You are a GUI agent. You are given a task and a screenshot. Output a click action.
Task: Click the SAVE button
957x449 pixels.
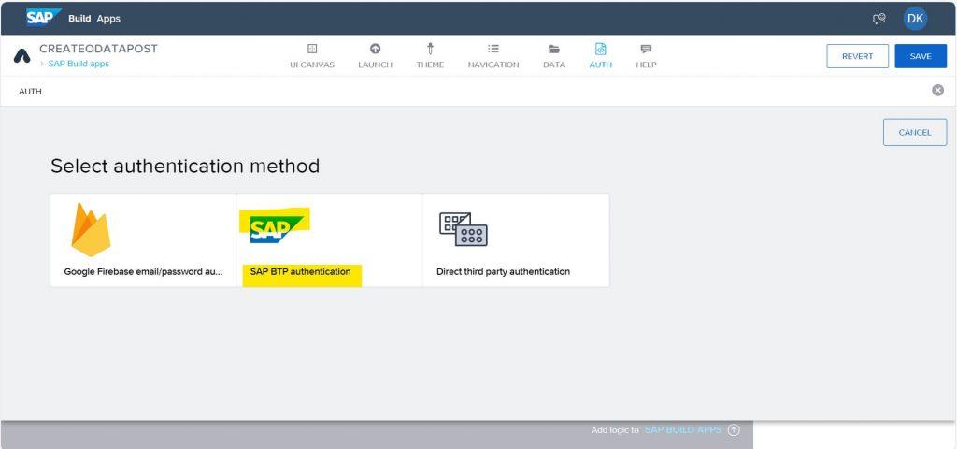click(921, 56)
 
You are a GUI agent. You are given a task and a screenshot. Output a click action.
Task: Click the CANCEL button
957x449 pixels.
click(915, 133)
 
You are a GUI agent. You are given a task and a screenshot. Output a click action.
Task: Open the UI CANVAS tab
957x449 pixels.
click(312, 55)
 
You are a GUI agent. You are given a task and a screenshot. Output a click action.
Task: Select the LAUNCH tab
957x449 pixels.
click(376, 55)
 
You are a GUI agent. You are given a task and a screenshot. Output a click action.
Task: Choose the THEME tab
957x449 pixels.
click(430, 55)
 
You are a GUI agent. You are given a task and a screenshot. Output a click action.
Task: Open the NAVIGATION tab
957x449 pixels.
click(493, 55)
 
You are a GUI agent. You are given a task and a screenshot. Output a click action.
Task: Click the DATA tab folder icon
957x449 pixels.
click(554, 49)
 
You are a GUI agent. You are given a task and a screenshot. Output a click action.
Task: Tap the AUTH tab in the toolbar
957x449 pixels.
click(601, 55)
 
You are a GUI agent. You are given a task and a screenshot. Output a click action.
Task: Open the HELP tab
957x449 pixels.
click(646, 55)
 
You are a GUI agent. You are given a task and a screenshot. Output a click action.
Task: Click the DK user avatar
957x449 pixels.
click(915, 19)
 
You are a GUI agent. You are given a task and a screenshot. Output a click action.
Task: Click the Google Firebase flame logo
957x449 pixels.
click(91, 230)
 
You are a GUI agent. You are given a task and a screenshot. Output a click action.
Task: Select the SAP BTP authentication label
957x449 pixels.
click(300, 272)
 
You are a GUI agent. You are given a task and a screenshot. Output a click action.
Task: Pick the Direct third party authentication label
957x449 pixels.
click(503, 272)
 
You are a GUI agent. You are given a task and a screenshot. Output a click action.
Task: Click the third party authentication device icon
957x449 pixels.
click(464, 229)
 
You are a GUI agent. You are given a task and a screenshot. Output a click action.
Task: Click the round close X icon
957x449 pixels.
click(937, 91)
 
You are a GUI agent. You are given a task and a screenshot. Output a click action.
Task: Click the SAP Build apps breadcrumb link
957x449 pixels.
click(79, 64)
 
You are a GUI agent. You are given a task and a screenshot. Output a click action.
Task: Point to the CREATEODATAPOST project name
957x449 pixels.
click(98, 49)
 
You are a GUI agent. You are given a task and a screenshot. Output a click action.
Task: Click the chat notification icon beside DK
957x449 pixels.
click(878, 19)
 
